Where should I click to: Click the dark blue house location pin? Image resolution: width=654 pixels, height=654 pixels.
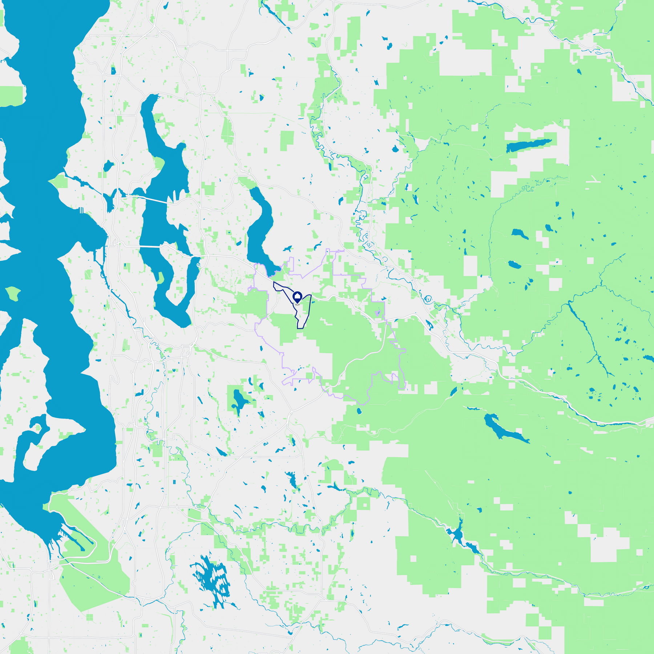coord(297,296)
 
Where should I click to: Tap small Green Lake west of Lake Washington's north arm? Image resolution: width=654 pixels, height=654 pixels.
coord(108,166)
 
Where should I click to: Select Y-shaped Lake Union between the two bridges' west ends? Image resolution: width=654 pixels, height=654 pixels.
coord(110,200)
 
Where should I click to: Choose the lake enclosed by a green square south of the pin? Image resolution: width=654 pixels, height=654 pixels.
coord(239,399)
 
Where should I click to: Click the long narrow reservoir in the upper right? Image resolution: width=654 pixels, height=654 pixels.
coord(529,145)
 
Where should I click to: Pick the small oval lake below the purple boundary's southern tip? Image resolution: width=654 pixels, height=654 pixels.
coord(359,411)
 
